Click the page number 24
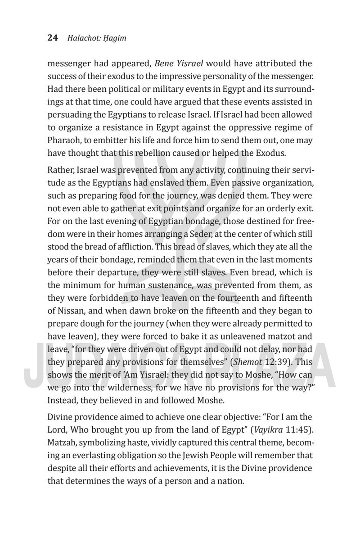point(53,38)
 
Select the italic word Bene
point(164,63)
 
